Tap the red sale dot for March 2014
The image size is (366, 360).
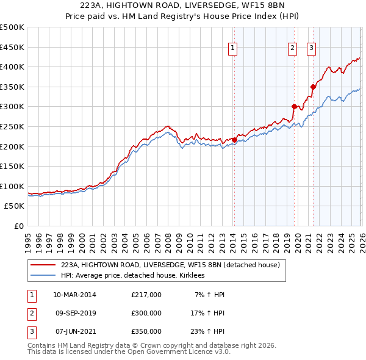tap(234, 140)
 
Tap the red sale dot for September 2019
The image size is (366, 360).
tap(293, 107)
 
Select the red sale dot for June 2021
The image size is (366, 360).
tap(312, 87)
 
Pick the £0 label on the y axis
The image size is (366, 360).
tap(19, 226)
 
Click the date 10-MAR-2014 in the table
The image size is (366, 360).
tap(74, 295)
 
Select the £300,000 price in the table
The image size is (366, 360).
tap(146, 313)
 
